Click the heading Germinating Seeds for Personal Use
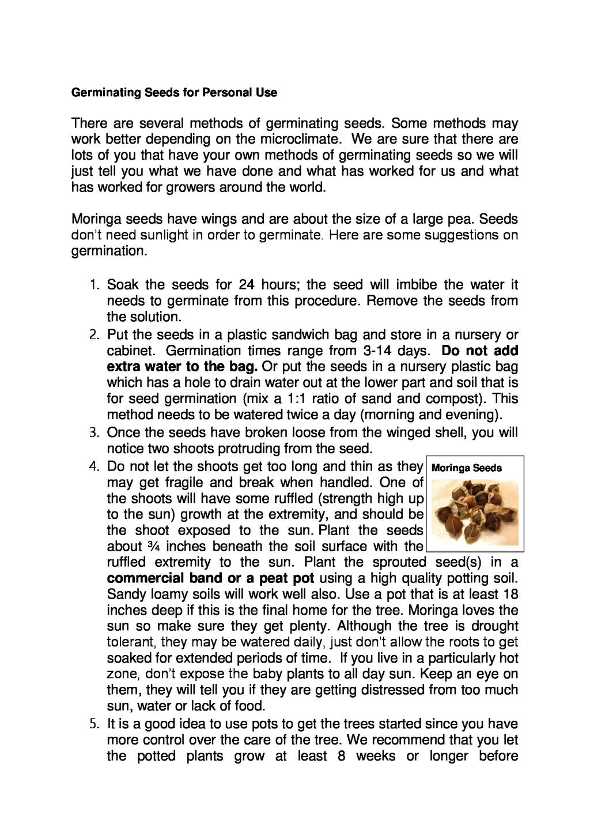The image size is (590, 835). (x=174, y=93)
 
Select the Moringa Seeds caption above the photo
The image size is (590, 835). (x=466, y=468)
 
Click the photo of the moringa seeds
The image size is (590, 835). (x=475, y=512)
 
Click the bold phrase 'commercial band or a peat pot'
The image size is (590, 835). (x=210, y=578)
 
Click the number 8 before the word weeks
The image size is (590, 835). (x=342, y=757)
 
